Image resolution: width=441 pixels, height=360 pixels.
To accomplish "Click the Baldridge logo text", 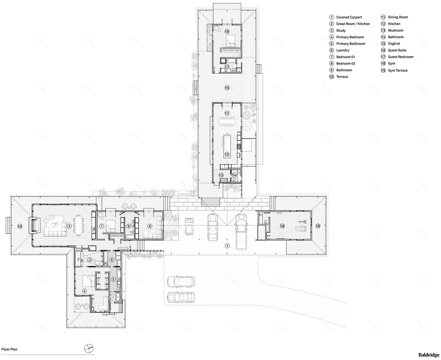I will [x=428, y=354].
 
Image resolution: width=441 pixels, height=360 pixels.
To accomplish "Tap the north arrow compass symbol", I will [x=88, y=348].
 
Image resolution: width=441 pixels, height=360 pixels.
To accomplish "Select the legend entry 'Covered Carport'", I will [x=350, y=17].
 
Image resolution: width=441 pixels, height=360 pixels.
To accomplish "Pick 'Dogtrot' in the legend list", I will [x=395, y=51].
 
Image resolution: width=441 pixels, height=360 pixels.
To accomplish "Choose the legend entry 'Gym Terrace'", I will [x=398, y=71].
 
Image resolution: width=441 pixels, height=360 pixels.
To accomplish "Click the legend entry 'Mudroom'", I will [x=396, y=31].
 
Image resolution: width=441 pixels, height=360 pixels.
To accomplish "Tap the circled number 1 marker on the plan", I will [x=227, y=246].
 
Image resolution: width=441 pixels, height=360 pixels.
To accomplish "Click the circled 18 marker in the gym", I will [x=282, y=226].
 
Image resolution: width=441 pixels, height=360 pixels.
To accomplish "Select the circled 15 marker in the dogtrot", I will [x=227, y=88].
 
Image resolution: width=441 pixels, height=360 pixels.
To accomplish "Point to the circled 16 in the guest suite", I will [x=227, y=32].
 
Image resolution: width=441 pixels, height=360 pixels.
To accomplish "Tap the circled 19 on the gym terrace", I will [x=317, y=226].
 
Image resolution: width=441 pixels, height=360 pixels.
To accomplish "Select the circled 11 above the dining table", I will [x=227, y=114].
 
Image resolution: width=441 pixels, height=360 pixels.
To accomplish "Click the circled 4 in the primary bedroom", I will [x=85, y=291].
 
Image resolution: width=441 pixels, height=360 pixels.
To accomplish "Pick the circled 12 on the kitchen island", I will [x=227, y=154].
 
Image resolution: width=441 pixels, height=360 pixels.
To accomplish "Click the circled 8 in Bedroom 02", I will [x=149, y=226].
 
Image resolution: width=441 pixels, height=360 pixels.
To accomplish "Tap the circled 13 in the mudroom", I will [x=221, y=175].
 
